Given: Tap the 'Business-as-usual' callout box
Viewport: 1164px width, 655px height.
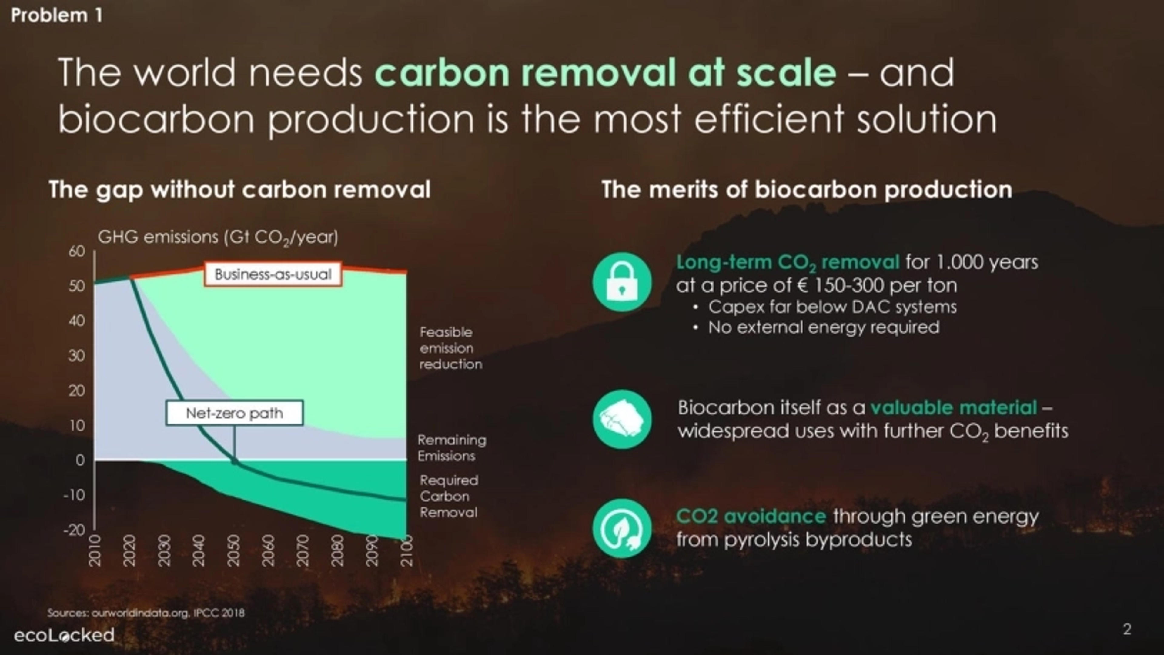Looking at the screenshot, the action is (x=273, y=274).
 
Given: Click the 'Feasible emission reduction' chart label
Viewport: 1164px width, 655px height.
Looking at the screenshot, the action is (x=450, y=348).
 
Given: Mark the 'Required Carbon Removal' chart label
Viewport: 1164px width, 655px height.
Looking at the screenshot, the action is (x=449, y=496).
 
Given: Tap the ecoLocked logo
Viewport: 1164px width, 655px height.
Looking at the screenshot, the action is (x=64, y=635).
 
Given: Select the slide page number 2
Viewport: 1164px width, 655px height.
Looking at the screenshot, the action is (x=1127, y=629).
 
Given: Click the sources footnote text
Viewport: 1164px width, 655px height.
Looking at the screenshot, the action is (x=146, y=613).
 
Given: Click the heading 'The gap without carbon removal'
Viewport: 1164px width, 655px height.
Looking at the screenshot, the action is (x=239, y=189).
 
